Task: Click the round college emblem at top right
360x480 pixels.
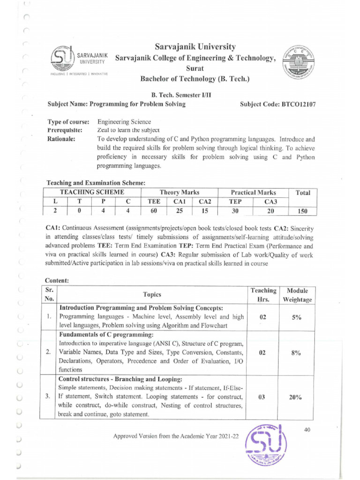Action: pos(298,64)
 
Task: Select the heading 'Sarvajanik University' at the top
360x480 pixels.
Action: pos(195,47)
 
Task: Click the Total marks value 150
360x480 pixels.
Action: pos(302,211)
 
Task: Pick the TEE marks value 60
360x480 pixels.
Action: pos(154,211)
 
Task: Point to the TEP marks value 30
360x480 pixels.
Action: pos(235,211)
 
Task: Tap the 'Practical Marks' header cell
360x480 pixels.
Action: pos(253,192)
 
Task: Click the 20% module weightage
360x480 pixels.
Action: pos(295,397)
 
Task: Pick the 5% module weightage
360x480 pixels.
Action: pos(295,317)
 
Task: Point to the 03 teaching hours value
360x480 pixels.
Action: pos(262,397)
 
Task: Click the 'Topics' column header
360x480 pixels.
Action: pos(152,294)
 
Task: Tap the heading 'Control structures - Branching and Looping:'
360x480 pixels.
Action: pos(120,379)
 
